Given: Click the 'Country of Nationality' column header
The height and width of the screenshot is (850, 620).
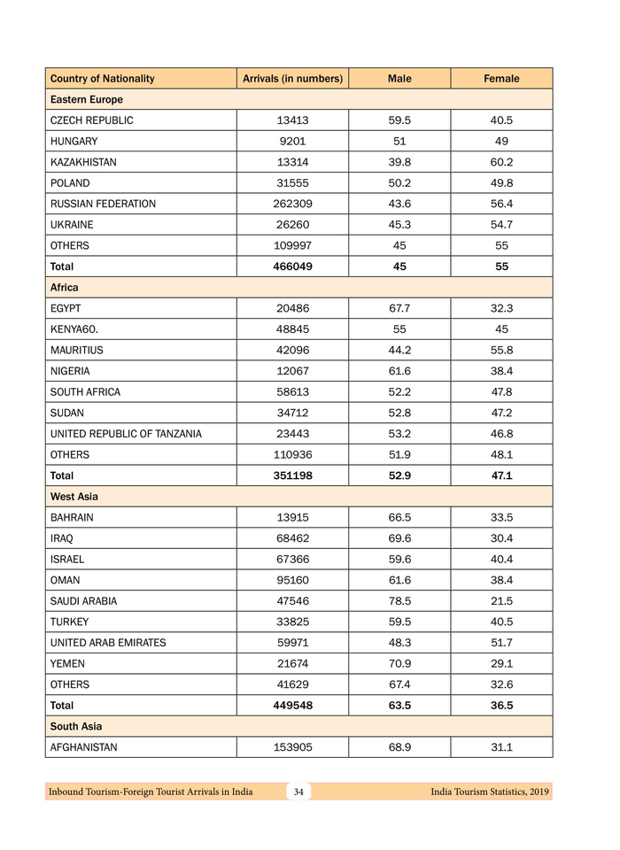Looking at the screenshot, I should [x=103, y=79].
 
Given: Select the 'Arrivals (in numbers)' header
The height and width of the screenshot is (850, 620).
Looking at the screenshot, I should [x=292, y=79].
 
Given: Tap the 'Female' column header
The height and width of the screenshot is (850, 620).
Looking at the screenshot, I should [x=501, y=79].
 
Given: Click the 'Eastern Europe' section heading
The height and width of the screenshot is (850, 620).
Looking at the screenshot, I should [x=87, y=100].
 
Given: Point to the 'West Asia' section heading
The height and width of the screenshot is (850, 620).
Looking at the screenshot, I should [x=74, y=497].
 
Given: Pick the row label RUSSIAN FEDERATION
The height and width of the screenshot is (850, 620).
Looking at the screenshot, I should [x=103, y=204].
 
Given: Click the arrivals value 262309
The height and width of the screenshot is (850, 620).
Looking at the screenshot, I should [x=292, y=204].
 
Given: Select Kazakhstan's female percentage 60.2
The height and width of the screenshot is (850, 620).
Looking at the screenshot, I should [x=501, y=162].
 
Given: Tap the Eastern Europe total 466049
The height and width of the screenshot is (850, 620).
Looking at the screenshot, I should [x=292, y=267].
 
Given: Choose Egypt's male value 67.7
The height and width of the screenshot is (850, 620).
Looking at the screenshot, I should [x=399, y=308].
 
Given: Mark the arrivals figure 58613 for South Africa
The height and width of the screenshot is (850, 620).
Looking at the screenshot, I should [x=292, y=392].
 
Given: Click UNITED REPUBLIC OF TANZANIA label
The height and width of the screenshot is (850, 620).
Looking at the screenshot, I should [x=126, y=434].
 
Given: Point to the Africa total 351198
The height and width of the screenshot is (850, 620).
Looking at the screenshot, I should [x=292, y=475].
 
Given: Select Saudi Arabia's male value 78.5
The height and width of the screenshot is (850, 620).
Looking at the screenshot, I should [x=399, y=601].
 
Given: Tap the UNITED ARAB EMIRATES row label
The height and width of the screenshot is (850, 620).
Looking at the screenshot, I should [x=108, y=643].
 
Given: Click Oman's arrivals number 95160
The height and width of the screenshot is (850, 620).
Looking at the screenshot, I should [x=292, y=580].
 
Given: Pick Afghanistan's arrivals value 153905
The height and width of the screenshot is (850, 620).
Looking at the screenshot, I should [x=292, y=747].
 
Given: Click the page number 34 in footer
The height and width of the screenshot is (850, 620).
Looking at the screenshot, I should [x=298, y=792].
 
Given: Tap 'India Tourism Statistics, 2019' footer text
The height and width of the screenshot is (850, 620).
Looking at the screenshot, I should [x=484, y=792].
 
